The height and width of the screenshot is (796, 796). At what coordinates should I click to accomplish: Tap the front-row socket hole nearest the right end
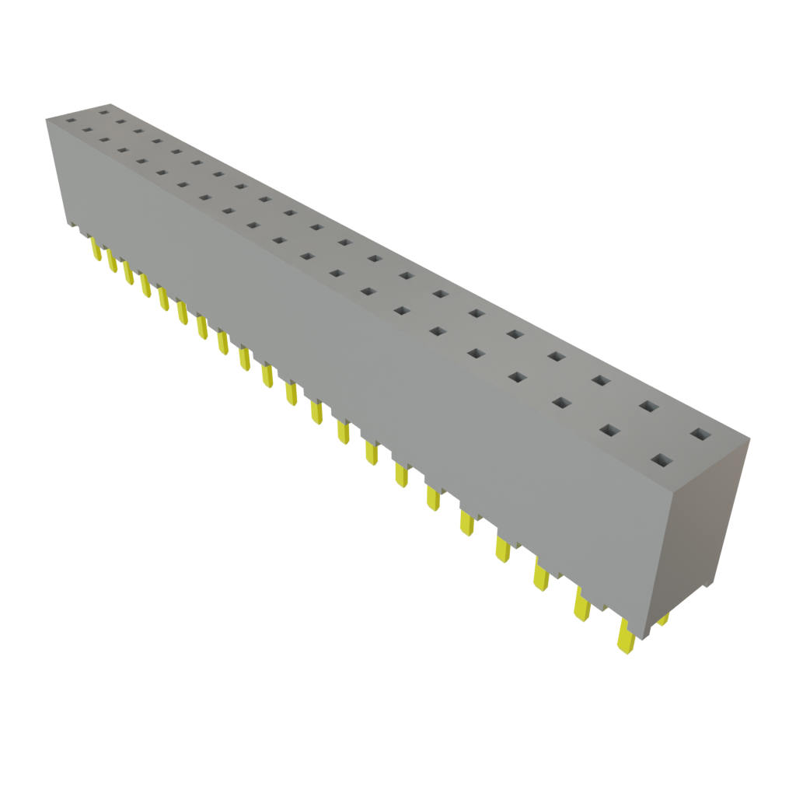click(x=661, y=461)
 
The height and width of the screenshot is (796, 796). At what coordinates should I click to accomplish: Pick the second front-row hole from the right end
click(x=609, y=430)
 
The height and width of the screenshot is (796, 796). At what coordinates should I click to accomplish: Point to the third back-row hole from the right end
click(x=600, y=380)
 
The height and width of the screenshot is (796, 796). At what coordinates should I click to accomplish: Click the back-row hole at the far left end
click(x=103, y=113)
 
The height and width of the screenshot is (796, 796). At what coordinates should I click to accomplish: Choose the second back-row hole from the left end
click(x=120, y=121)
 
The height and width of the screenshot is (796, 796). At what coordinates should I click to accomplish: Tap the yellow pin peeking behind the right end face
click(x=663, y=620)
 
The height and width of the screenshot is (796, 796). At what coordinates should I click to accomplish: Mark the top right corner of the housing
click(x=752, y=438)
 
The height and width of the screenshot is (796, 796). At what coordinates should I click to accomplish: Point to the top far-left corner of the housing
click(x=45, y=117)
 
